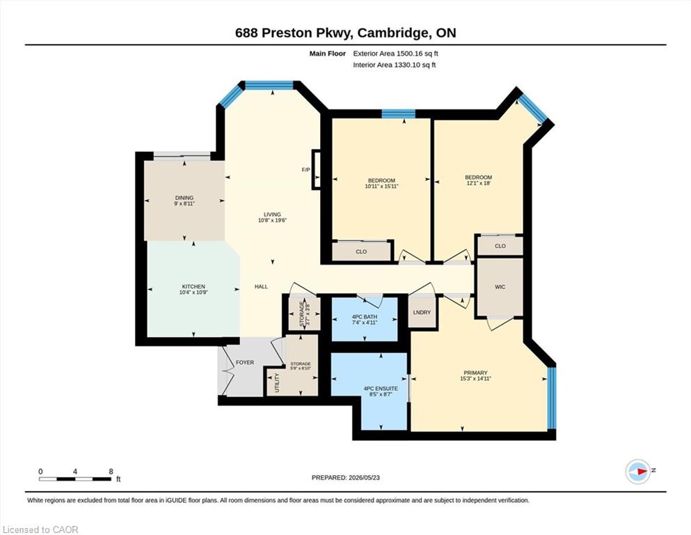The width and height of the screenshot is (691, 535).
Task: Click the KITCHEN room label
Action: [193, 287]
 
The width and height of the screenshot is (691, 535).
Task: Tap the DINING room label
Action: [184, 198]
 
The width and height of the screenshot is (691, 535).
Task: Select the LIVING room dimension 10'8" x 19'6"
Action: [272, 220]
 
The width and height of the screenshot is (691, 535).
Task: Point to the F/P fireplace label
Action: [305, 170]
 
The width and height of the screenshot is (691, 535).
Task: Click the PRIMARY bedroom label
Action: [475, 373]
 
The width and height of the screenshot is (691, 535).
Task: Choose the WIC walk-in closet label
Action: [500, 287]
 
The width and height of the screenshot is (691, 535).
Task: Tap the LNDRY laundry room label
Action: [422, 312]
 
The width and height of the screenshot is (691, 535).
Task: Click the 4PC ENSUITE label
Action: [381, 389]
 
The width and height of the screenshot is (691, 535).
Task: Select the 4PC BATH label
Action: [365, 317]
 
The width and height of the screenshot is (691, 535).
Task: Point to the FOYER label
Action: [245, 362]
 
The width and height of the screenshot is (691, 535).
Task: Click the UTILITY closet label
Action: [277, 383]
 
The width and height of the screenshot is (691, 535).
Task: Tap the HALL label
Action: [261, 287]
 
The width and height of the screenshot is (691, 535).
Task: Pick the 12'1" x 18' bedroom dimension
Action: [479, 183]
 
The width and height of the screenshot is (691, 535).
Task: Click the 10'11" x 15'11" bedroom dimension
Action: [381, 186]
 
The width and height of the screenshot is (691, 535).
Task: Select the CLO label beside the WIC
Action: [500, 246]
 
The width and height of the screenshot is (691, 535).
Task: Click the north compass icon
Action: [638, 471]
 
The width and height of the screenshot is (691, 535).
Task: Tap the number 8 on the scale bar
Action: [111, 471]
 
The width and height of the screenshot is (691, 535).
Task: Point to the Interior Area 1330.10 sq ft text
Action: [395, 65]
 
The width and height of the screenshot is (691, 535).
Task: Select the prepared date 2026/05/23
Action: [364, 477]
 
